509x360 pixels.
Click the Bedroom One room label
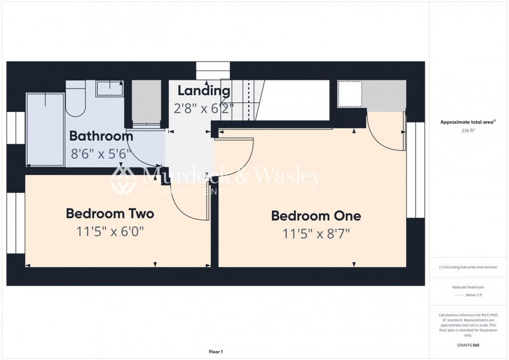pyautogui.click(x=316, y=216)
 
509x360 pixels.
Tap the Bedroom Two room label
pyautogui.click(x=110, y=213)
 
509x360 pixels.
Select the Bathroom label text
pyautogui.click(x=101, y=136)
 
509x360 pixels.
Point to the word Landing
pyautogui.click(x=204, y=91)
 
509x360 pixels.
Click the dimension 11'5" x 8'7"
pyautogui.click(x=316, y=234)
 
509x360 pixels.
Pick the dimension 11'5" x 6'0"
pyautogui.click(x=110, y=231)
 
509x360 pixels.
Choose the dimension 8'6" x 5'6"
pyautogui.click(x=100, y=154)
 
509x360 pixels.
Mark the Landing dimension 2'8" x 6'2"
pyautogui.click(x=204, y=109)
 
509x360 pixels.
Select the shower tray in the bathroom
pyautogui.click(x=45, y=129)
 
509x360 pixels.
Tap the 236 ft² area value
pyautogui.click(x=468, y=131)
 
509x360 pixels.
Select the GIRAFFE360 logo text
pyautogui.click(x=468, y=346)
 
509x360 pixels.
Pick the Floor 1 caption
pyautogui.click(x=215, y=352)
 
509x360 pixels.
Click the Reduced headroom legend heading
pyautogui.click(x=468, y=288)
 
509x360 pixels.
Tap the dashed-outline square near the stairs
pyautogui.click(x=350, y=94)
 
